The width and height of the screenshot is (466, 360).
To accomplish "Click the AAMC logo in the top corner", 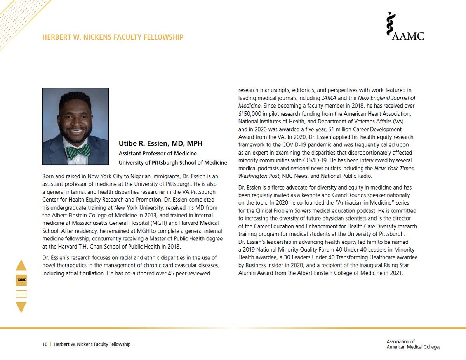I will tap(405, 26).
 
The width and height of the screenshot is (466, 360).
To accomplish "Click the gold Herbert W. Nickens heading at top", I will tap(113, 37).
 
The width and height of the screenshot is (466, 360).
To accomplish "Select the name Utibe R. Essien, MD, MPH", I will tap(160, 144).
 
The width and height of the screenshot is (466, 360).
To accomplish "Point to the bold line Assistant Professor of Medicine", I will tap(158, 153).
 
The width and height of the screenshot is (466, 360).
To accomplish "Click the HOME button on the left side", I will tap(21, 280).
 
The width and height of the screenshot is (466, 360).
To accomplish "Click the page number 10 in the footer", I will tap(45, 344).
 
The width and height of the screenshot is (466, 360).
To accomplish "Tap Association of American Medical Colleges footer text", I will tap(413, 344).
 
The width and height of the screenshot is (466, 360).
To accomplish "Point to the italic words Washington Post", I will tap(259, 176).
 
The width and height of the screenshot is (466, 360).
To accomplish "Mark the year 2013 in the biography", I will tap(154, 215).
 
